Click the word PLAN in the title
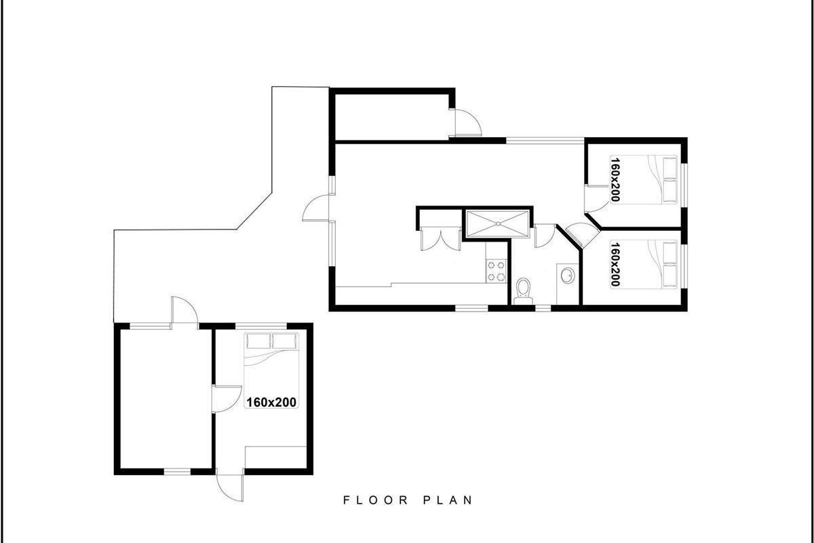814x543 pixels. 448,500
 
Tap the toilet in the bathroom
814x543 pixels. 523,291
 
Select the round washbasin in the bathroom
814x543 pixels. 567,275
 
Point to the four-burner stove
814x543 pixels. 496,271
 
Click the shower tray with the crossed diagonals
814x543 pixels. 497,224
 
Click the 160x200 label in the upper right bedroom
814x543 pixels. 615,179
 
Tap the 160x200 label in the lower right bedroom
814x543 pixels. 615,265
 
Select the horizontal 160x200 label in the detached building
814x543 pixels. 271,402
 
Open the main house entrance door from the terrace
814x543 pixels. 316,208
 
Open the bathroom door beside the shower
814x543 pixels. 545,236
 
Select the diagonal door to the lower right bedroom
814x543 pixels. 581,236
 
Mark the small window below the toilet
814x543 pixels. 543,309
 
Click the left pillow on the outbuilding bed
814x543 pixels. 258,341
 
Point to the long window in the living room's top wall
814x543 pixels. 545,140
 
